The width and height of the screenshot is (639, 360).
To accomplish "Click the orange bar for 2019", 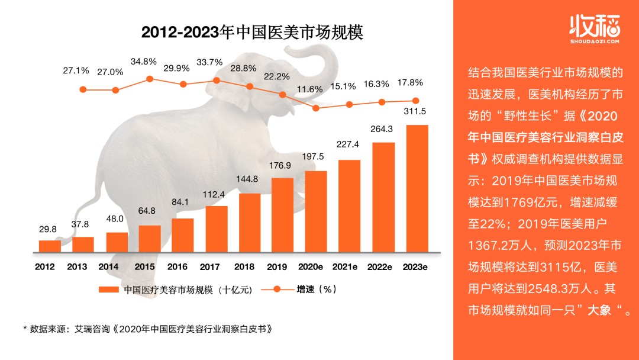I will pyautogui.click(x=282, y=214).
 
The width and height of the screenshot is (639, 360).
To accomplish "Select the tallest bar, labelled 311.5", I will pyautogui.click(x=417, y=187).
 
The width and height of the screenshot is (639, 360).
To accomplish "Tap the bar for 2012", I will pyautogui.click(x=50, y=245).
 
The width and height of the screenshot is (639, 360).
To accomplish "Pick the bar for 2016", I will pyautogui.click(x=183, y=234).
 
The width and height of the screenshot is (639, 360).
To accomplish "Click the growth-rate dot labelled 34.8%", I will pyautogui.click(x=150, y=79).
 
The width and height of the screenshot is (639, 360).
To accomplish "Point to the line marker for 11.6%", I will pyautogui.click(x=316, y=108).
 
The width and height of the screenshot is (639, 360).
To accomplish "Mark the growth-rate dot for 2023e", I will pyautogui.click(x=415, y=101).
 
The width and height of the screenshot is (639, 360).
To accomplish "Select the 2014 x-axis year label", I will pyautogui.click(x=109, y=267).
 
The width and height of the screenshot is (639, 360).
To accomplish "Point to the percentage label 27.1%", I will pyautogui.click(x=76, y=70).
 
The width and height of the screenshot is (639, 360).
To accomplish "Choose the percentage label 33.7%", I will pyautogui.click(x=209, y=62).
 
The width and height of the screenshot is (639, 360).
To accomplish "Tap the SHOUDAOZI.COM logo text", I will pyautogui.click(x=593, y=42).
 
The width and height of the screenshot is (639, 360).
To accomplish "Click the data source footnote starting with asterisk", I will pyautogui.click(x=150, y=327).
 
